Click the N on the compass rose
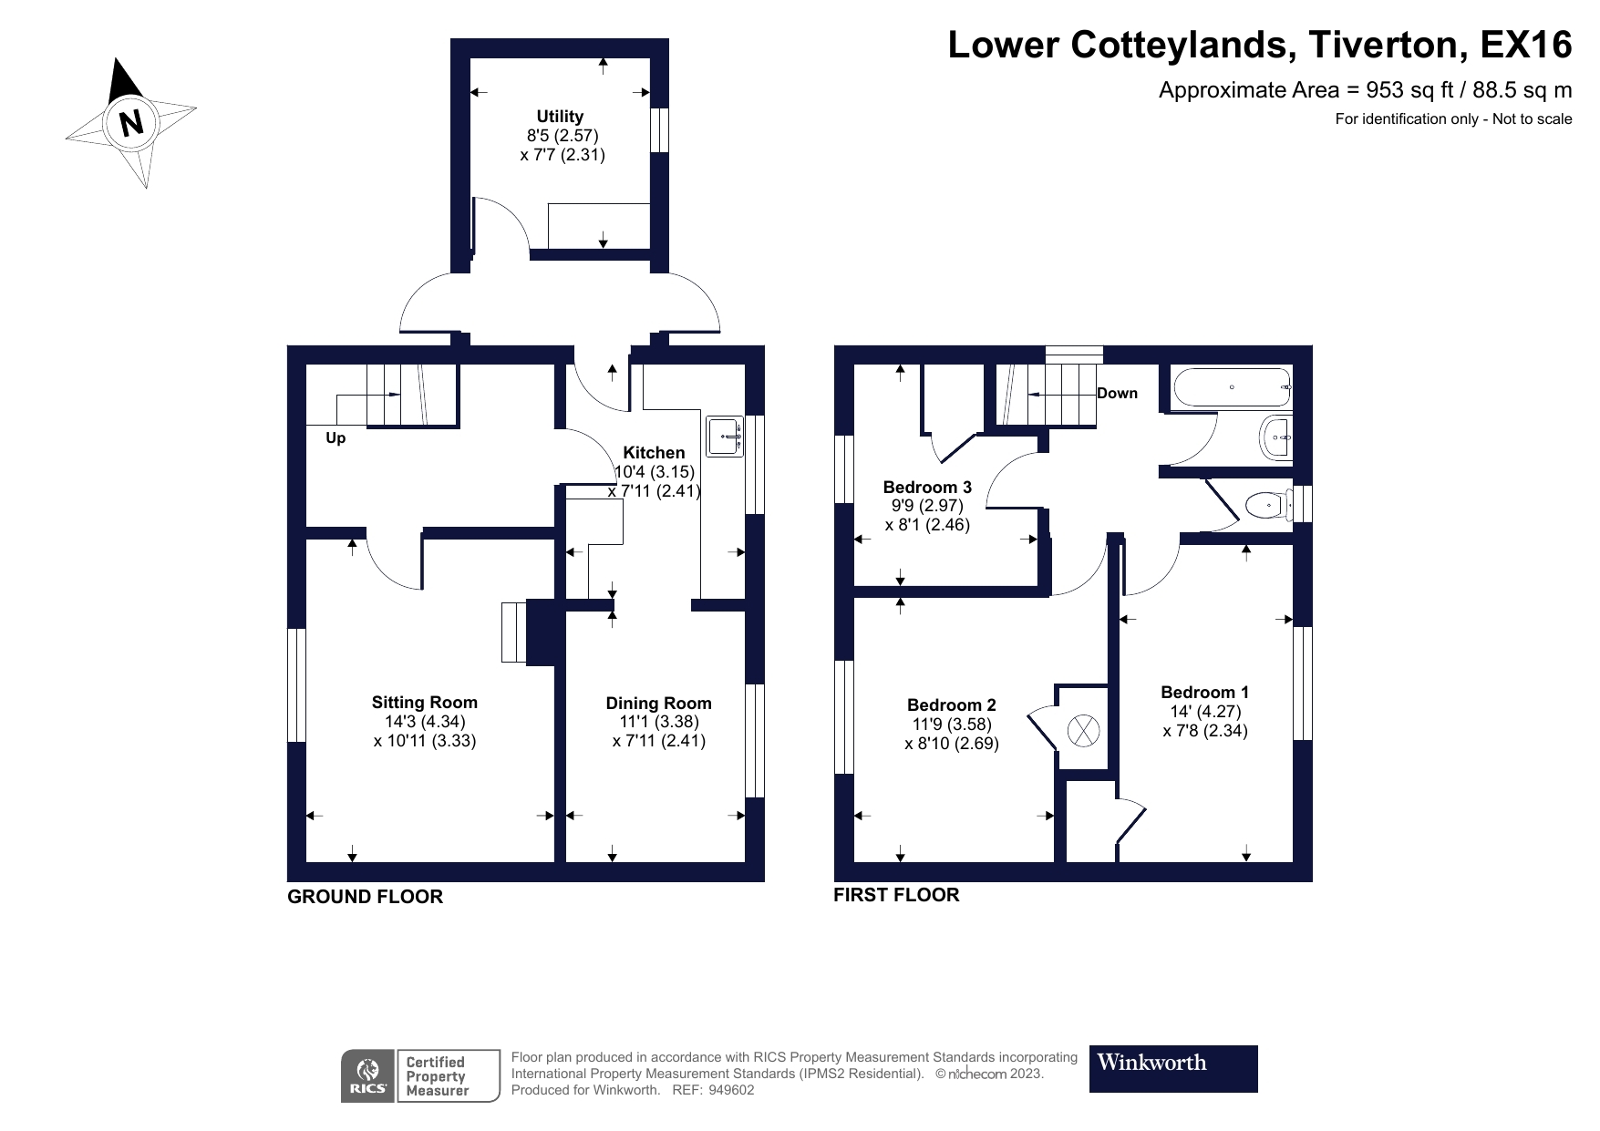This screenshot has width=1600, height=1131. (132, 122)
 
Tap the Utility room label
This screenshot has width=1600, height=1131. (560, 116)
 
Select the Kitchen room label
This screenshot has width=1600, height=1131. (654, 452)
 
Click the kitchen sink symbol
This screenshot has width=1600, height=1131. (725, 436)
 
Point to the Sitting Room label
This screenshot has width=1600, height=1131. (424, 702)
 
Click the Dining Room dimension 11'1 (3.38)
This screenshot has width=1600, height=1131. (658, 722)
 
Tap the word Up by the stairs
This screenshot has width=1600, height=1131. (335, 438)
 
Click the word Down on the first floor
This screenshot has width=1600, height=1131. (1117, 393)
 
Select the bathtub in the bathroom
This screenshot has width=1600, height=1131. (1232, 387)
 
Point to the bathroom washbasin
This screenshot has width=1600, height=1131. (1276, 438)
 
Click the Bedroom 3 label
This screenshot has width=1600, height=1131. (927, 487)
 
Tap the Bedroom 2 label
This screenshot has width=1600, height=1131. (951, 704)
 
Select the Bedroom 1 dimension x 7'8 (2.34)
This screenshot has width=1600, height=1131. (1205, 730)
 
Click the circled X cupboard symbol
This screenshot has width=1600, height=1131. (1083, 730)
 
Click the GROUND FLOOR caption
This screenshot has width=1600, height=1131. (365, 897)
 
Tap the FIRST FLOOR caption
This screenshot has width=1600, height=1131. (896, 895)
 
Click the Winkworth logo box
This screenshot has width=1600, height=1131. (1172, 1068)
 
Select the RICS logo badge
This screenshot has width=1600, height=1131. (367, 1075)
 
